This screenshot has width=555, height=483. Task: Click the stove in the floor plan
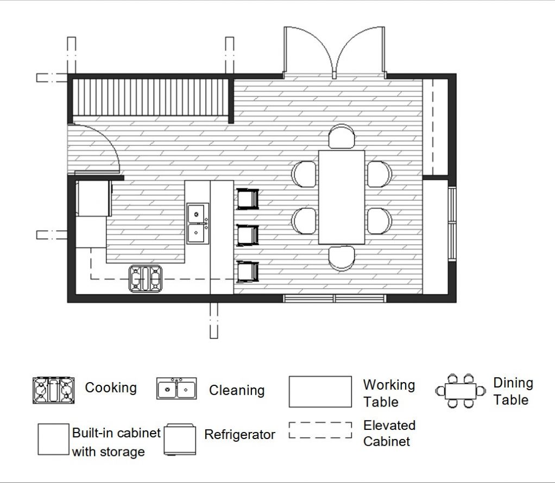coord(146,278)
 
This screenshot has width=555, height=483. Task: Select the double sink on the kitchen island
coord(198,223)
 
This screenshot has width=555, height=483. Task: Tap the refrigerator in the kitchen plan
coord(93,199)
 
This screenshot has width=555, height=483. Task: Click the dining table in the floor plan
coord(342,197)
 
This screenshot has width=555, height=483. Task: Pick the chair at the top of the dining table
coord(342,137)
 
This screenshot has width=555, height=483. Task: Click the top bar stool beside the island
coord(248,199)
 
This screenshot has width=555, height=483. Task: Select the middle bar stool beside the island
coord(248,235)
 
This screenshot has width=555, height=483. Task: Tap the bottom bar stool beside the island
coord(248,271)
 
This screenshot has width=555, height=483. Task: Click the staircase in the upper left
coord(150,97)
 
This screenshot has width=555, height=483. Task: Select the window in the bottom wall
coord(334,298)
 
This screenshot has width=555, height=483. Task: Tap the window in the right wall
coord(452,223)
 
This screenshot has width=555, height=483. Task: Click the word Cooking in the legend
coord(111,387)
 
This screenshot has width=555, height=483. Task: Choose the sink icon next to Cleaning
coord(176,389)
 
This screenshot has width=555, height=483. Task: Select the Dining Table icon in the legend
coord(461,391)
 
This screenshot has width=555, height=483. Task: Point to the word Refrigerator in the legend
coord(239,434)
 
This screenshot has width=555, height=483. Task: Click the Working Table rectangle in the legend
coord(320,391)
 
